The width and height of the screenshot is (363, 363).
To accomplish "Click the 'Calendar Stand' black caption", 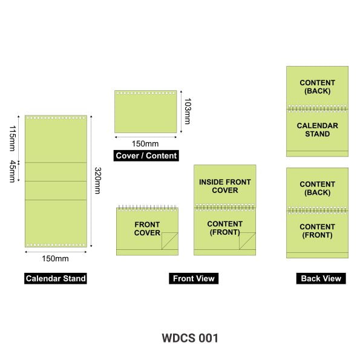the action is pyautogui.click(x=56, y=278).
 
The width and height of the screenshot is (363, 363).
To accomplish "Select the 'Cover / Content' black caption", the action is pyautogui.click(x=146, y=155).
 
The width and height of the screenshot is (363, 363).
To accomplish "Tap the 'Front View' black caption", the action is pyautogui.click(x=194, y=278).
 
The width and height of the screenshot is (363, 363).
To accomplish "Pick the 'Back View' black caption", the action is pyautogui.click(x=321, y=278).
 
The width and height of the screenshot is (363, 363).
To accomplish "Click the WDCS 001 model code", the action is pyautogui.click(x=190, y=338).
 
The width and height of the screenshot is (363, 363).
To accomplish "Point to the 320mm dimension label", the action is pyautogui.click(x=97, y=180).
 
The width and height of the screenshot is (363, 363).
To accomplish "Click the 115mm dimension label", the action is pyautogui.click(x=12, y=139).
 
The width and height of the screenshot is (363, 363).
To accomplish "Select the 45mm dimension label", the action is pyautogui.click(x=12, y=172).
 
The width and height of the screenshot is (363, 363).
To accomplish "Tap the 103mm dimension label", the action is pyautogui.click(x=188, y=111).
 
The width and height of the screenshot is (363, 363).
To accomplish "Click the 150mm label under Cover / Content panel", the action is pyautogui.click(x=145, y=144).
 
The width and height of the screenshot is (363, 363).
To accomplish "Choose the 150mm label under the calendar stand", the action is pyautogui.click(x=55, y=258).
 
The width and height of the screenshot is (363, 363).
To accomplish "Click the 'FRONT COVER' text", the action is pyautogui.click(x=147, y=229).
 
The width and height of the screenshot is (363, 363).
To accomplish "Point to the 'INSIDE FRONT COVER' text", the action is pyautogui.click(x=225, y=186).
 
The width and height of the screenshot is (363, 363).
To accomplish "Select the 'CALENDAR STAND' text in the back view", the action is pyautogui.click(x=318, y=129).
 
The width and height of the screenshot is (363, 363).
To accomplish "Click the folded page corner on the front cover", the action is pyautogui.click(x=169, y=241).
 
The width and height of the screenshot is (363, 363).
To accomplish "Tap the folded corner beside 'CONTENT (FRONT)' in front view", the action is pyautogui.click(x=247, y=241).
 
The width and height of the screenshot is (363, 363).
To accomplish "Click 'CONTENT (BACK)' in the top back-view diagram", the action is pyautogui.click(x=318, y=87).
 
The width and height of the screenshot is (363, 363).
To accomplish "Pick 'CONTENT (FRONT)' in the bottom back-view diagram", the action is pyautogui.click(x=318, y=231).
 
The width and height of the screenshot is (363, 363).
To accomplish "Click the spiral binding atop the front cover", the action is pyautogui.click(x=147, y=208).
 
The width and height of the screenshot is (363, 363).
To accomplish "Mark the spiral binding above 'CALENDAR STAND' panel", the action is pyautogui.click(x=318, y=108).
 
